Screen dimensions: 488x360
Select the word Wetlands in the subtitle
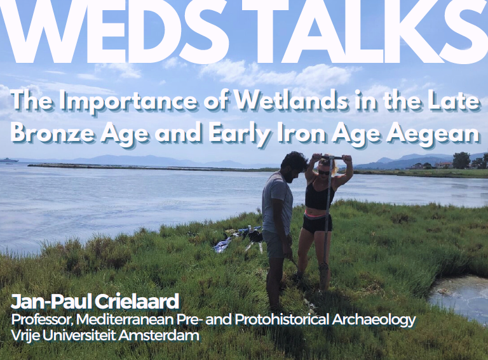292,102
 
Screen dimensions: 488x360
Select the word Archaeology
374,320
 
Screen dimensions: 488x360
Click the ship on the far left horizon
9,160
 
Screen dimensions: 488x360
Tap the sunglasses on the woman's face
323,171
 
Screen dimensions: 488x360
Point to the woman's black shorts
317,223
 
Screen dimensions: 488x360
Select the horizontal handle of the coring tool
332,157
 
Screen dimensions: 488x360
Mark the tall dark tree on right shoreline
461,161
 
